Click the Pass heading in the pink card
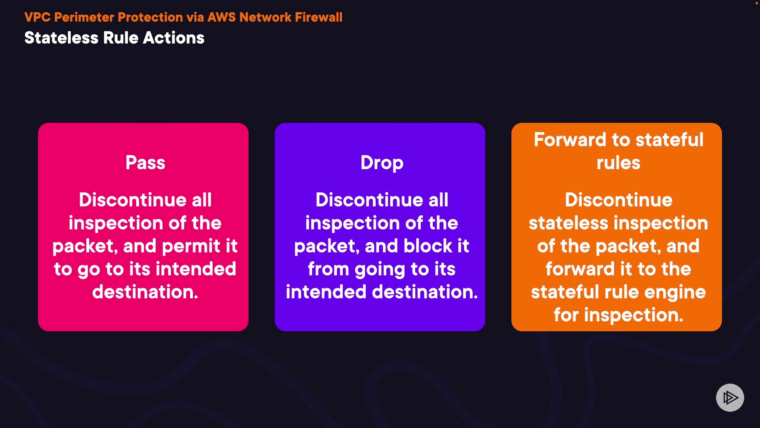pos(145,162)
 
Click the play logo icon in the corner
pos(730,397)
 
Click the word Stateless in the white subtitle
pos(61,38)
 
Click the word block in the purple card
pos(428,246)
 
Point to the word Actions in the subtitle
pos(174,38)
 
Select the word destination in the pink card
pos(145,292)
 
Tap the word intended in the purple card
pos(326,292)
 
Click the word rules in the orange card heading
pos(618,163)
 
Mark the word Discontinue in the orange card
pos(618,200)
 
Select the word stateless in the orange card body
pos(568,223)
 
